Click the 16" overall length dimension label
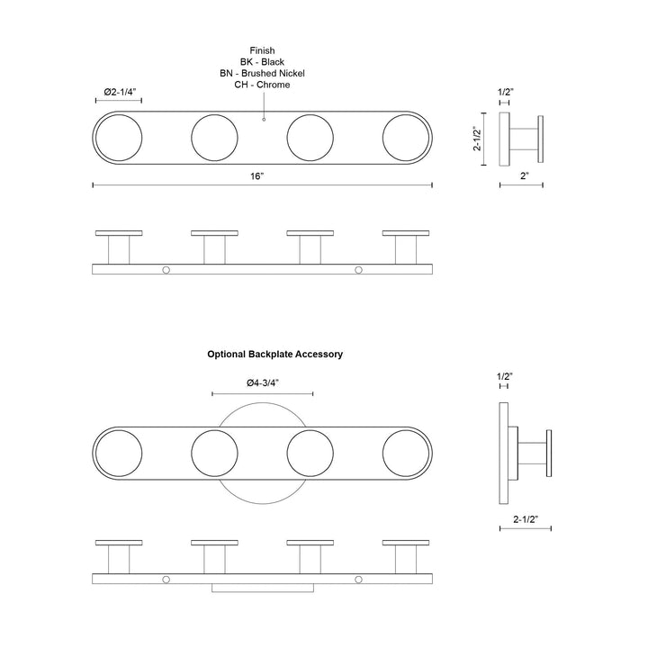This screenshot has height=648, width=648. click(256, 176)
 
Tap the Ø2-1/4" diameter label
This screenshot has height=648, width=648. click(120, 92)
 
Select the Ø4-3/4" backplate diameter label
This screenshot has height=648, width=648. click(263, 383)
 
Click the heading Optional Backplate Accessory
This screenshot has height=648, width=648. click(274, 355)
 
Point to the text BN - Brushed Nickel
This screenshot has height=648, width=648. click(262, 73)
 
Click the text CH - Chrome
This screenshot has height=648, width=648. click(262, 85)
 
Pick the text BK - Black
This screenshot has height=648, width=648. click(262, 62)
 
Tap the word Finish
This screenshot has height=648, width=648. click(262, 50)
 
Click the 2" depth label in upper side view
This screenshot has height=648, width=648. click(525, 176)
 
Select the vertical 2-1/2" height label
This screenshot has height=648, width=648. click(477, 139)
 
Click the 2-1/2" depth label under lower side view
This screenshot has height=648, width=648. click(526, 519)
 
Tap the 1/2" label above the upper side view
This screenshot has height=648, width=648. click(506, 92)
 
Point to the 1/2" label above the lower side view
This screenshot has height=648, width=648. click(505, 376)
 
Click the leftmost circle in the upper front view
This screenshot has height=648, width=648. click(119, 138)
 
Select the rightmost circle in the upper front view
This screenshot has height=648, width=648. click(406, 138)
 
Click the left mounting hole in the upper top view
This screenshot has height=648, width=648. click(166, 270)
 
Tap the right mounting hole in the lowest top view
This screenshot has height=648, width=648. click(359, 580)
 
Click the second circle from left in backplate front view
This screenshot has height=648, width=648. click(214, 454)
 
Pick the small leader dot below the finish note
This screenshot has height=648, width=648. click(264, 120)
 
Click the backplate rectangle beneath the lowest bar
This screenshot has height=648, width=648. click(263, 588)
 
